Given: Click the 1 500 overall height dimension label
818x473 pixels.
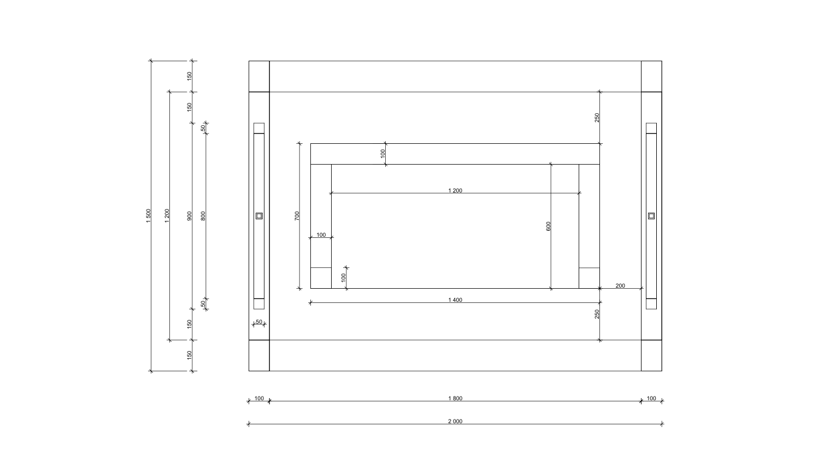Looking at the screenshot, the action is [148, 215].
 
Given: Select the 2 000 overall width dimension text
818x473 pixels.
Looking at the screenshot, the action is [455, 421].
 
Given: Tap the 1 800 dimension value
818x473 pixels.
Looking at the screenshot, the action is [455, 398].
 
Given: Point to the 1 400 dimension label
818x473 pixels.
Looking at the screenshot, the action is [455, 300].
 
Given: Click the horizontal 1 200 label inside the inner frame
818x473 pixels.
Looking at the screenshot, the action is [455, 190].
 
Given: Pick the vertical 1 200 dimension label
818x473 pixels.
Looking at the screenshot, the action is [167, 215].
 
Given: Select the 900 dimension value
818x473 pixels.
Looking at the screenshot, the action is [189, 215].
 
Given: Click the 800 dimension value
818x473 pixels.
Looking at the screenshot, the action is [203, 215].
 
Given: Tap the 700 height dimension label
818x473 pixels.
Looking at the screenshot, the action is [297, 215].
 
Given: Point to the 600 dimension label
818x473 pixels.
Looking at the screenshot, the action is [548, 226].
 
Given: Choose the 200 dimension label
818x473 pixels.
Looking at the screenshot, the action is [620, 285].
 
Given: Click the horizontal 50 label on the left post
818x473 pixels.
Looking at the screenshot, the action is [259, 322].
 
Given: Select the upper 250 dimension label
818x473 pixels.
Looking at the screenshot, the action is [597, 118].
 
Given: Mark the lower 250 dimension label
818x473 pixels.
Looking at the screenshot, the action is [597, 314].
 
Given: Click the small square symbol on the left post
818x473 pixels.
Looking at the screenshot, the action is [259, 215].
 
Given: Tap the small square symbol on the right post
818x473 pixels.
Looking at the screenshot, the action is [651, 215].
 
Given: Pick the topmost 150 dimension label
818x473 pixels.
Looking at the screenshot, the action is [189, 76].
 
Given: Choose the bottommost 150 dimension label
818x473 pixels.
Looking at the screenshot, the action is [189, 355].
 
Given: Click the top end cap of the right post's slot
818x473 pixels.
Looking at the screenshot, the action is [651, 128].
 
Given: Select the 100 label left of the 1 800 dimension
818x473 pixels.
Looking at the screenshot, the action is [259, 398].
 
